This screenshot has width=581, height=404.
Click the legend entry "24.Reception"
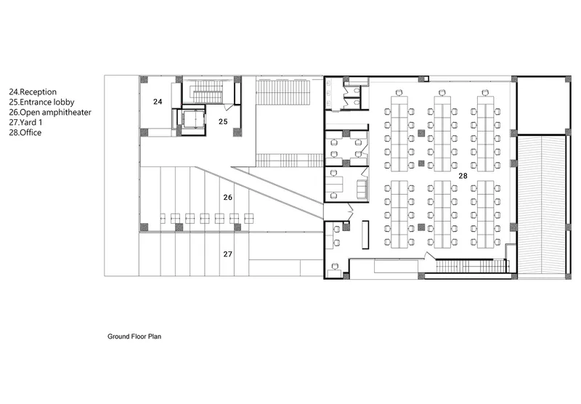coord(33,92)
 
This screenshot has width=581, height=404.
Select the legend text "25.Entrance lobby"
coord(42,102)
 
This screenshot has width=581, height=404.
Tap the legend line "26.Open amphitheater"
coord(50,113)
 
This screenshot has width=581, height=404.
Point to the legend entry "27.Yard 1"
coord(25,122)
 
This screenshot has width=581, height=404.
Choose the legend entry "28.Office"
coord(25,133)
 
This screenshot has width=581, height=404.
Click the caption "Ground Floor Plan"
coord(134,336)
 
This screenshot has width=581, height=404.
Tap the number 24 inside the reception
coord(158,102)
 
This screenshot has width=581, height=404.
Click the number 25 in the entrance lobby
coord(223,121)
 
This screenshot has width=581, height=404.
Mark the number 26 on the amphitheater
coord(228,197)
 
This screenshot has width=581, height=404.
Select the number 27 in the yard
coord(228,254)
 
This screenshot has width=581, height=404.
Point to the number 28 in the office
coord(463,176)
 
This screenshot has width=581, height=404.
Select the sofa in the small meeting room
coord(361,188)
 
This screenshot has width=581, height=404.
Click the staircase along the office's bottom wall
coord(471,266)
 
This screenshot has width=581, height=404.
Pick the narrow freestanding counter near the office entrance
coord(365,235)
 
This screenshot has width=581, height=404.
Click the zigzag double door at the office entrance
coord(351,209)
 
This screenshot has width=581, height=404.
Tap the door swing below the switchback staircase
coord(229,108)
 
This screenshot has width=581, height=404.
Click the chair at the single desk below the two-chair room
coord(336,266)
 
